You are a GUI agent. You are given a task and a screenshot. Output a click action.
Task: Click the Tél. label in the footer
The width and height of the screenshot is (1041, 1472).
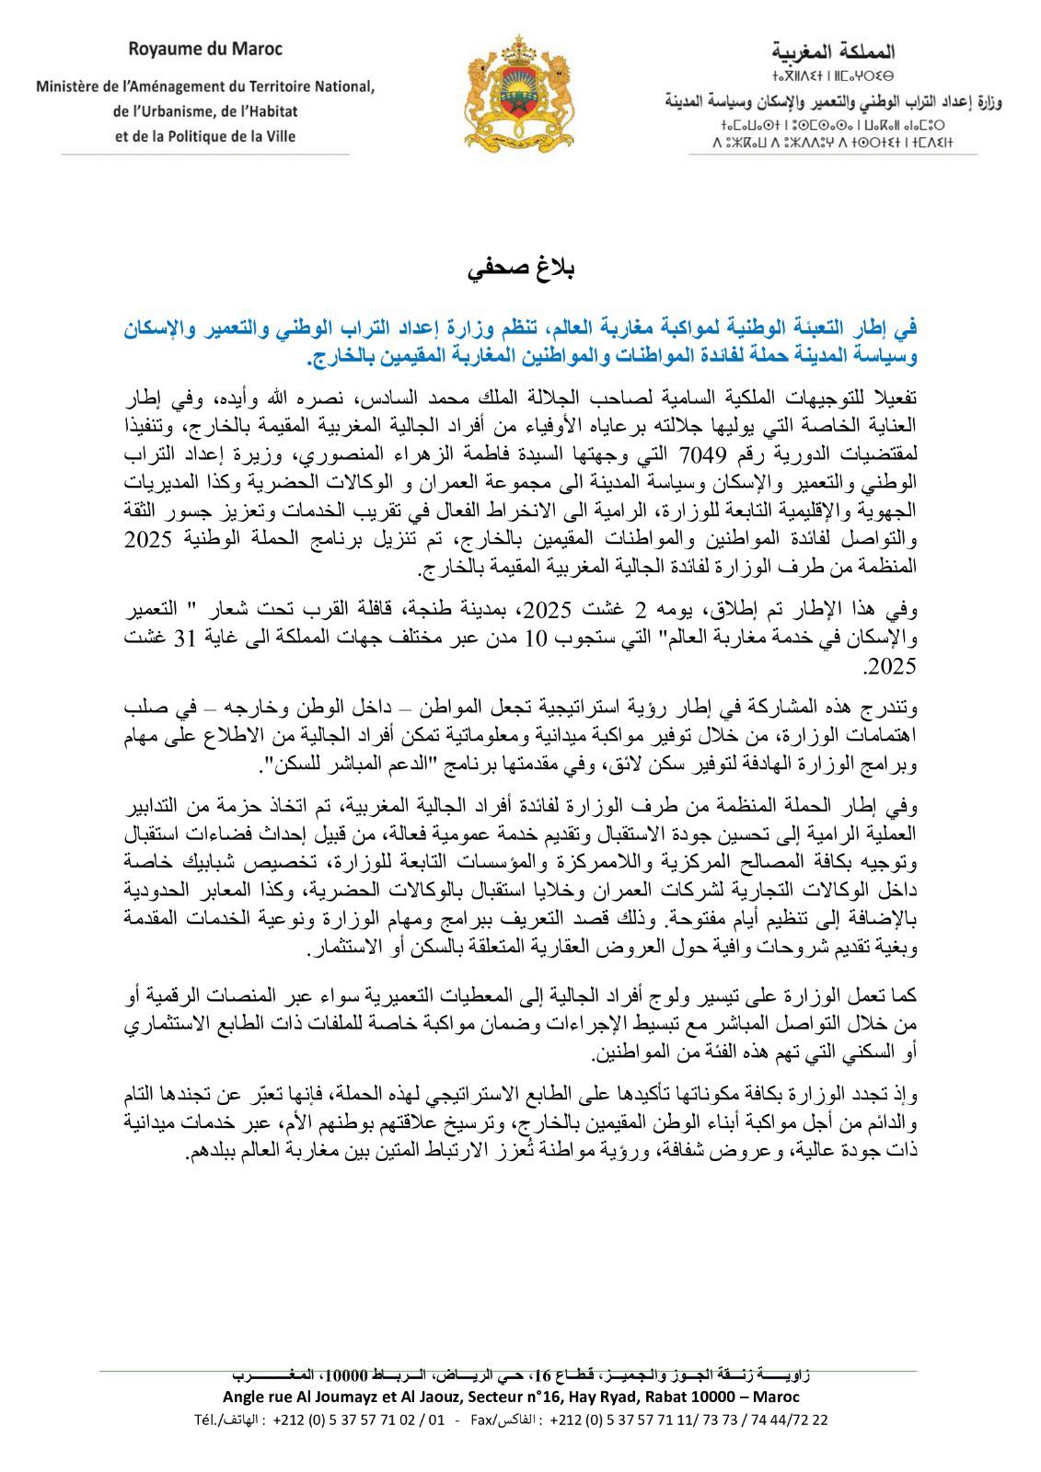pos(227,1420)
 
